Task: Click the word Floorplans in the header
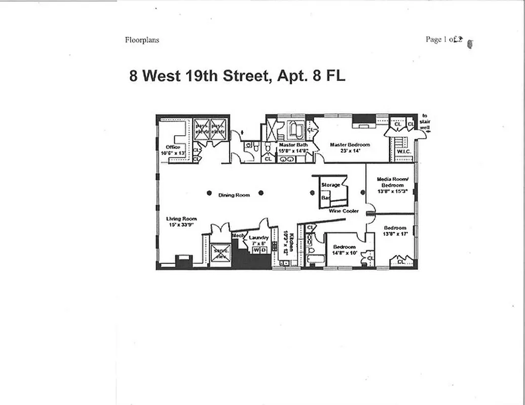pyautogui.click(x=142, y=40)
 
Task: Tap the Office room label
pyautogui.click(x=173, y=147)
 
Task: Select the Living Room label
pyautogui.click(x=181, y=219)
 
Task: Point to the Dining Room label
pyautogui.click(x=234, y=195)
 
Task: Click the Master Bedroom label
pyautogui.click(x=350, y=145)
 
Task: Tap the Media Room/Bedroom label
pyautogui.click(x=390, y=182)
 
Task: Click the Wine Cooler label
pyautogui.click(x=344, y=211)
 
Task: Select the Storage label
pyautogui.click(x=331, y=185)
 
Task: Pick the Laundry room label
pyautogui.click(x=258, y=237)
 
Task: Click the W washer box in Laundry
pyautogui.click(x=256, y=250)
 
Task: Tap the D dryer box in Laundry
pyautogui.click(x=263, y=250)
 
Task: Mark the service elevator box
pyautogui.click(x=221, y=253)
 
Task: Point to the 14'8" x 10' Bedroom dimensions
pyautogui.click(x=344, y=253)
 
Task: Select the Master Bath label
pyautogui.click(x=293, y=145)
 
